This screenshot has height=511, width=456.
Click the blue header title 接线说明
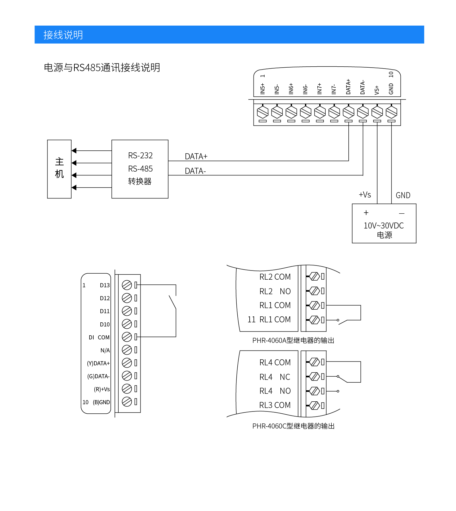click(63, 35)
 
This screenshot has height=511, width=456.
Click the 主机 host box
click(59, 169)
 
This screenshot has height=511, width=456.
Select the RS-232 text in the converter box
click(140, 155)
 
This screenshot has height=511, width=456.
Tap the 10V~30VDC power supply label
click(384, 226)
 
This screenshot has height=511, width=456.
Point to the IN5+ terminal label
click(262, 89)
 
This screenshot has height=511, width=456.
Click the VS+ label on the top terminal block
click(377, 90)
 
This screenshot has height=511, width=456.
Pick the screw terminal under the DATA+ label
click(348, 112)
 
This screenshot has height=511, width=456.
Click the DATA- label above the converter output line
click(195, 171)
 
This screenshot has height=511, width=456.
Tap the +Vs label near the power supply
click(365, 195)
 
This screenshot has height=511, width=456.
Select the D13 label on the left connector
click(105, 285)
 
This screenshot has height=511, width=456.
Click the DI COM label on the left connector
click(99, 338)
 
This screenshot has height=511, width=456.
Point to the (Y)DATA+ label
click(98, 363)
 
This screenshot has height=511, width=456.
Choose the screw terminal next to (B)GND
click(127, 402)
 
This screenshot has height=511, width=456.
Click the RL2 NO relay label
click(275, 291)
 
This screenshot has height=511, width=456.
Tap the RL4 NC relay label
click(275, 377)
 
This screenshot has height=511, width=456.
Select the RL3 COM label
click(275, 405)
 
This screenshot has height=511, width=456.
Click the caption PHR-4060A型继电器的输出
click(293, 340)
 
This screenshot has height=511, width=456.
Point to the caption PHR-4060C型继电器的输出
click(293, 426)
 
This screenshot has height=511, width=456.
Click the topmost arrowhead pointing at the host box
click(74, 151)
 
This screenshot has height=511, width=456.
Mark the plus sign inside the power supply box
click(366, 213)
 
